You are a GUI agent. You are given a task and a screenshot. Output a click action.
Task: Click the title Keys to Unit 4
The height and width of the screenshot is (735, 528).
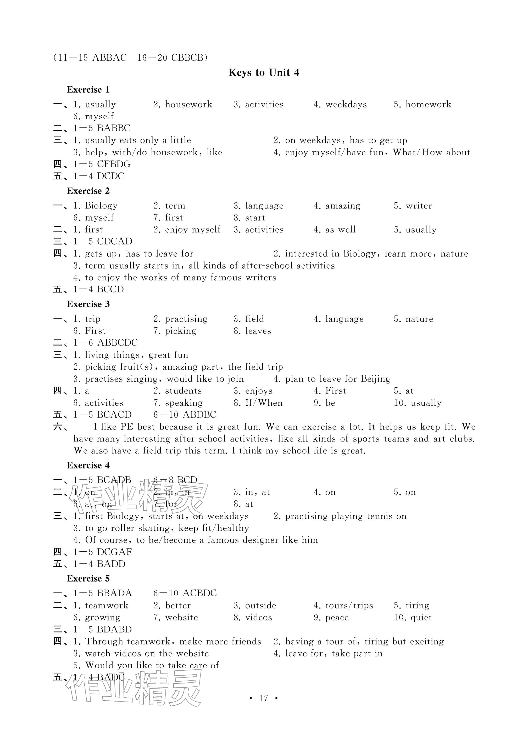click(x=264, y=73)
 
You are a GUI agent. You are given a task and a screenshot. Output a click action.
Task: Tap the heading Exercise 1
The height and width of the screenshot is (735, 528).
click(x=88, y=90)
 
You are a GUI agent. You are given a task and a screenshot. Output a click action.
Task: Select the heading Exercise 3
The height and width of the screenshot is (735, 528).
click(x=88, y=304)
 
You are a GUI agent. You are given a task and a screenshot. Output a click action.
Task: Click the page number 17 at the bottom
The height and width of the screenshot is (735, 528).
click(x=263, y=698)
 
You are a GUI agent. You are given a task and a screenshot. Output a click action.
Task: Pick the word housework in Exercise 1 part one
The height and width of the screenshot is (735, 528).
click(x=188, y=104)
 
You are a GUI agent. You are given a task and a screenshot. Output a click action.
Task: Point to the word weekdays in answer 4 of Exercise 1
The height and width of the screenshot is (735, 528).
click(x=346, y=104)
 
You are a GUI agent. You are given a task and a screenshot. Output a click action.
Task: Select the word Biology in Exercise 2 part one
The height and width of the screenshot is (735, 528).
click(x=101, y=206)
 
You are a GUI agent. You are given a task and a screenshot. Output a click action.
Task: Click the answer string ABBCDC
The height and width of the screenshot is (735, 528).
click(x=117, y=343)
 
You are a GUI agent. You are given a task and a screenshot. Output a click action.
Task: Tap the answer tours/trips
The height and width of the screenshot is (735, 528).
click(x=349, y=605)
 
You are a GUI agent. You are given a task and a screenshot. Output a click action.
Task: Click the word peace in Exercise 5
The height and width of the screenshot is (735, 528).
click(x=337, y=617)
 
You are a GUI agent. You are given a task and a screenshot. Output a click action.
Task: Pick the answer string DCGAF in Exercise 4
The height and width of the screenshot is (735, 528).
click(x=114, y=552)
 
